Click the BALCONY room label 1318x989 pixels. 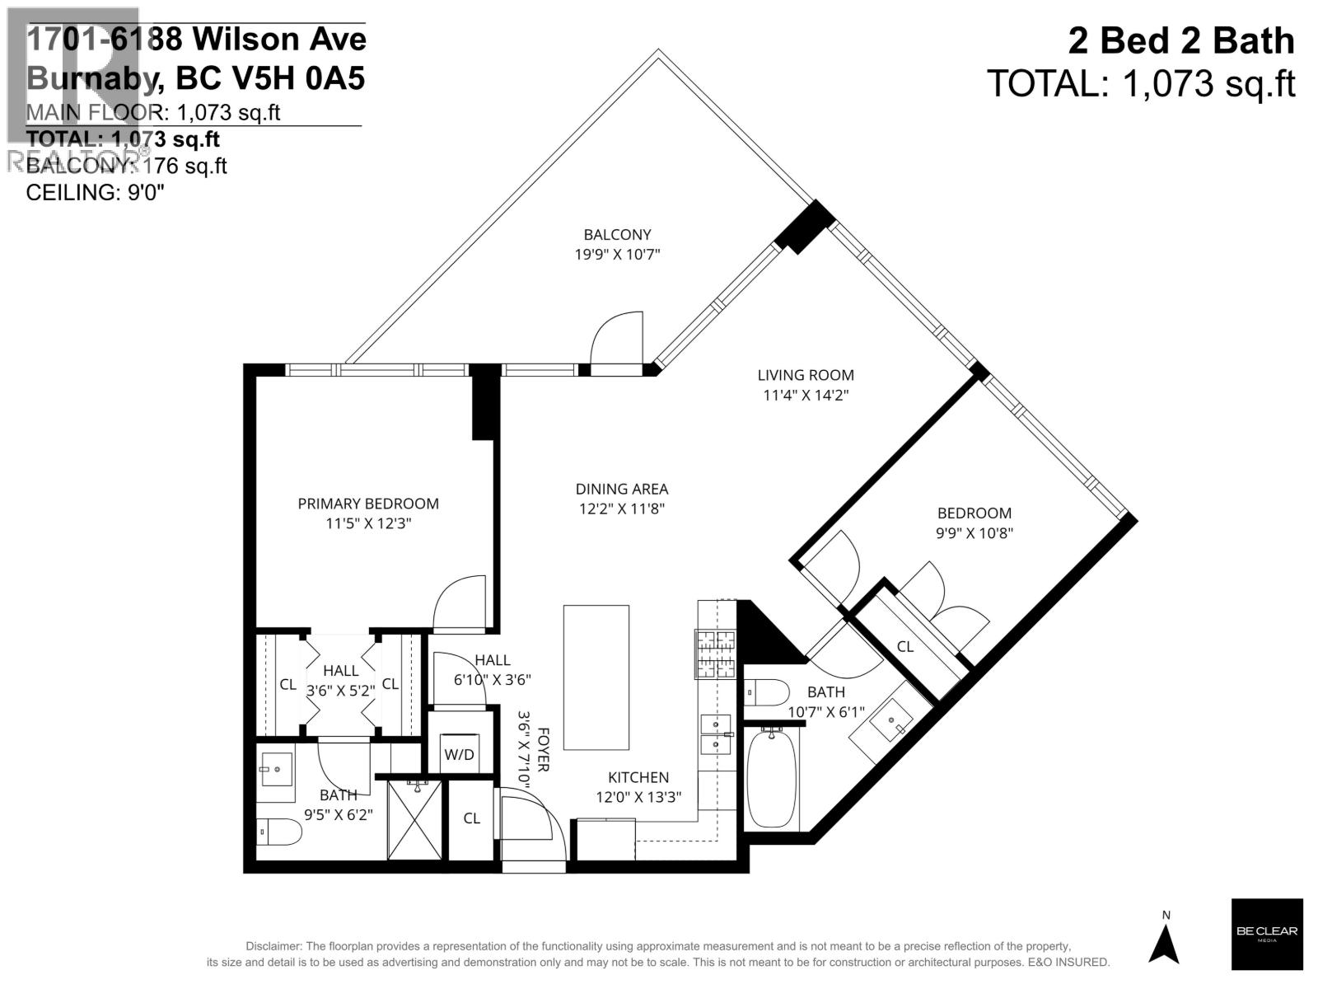617,235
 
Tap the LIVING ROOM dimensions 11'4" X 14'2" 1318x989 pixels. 805,395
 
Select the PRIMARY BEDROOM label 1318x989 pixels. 368,504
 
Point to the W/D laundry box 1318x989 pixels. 459,753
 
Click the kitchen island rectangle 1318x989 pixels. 596,677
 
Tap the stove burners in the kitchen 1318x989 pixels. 715,654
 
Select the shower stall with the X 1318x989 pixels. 415,820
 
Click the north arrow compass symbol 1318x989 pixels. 1165,944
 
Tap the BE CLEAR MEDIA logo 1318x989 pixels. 1266,934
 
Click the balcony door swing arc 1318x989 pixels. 616,338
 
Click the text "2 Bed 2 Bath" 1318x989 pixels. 1180,41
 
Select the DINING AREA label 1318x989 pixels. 621,489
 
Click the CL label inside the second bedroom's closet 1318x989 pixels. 904,647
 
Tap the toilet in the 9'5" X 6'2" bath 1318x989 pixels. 278,832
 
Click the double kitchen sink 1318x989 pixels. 715,734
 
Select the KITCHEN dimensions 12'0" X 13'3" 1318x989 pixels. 638,797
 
